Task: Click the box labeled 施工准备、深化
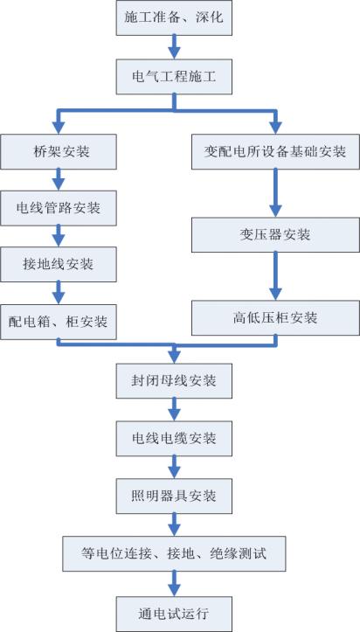coord(174,17)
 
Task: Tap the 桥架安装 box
coord(59,151)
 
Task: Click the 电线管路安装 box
coord(59,207)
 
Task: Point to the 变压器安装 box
coord(275,234)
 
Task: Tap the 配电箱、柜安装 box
coord(59,322)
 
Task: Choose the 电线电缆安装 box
coord(174,436)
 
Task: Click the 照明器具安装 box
coord(174,496)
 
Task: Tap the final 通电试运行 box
coord(174,613)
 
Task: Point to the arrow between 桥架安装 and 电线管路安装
coord(59,179)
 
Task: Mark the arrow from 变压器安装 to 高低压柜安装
coord(275,276)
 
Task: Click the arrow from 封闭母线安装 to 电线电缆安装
coord(174,407)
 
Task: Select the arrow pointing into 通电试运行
coord(174,583)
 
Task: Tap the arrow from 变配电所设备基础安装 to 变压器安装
coord(275,192)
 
